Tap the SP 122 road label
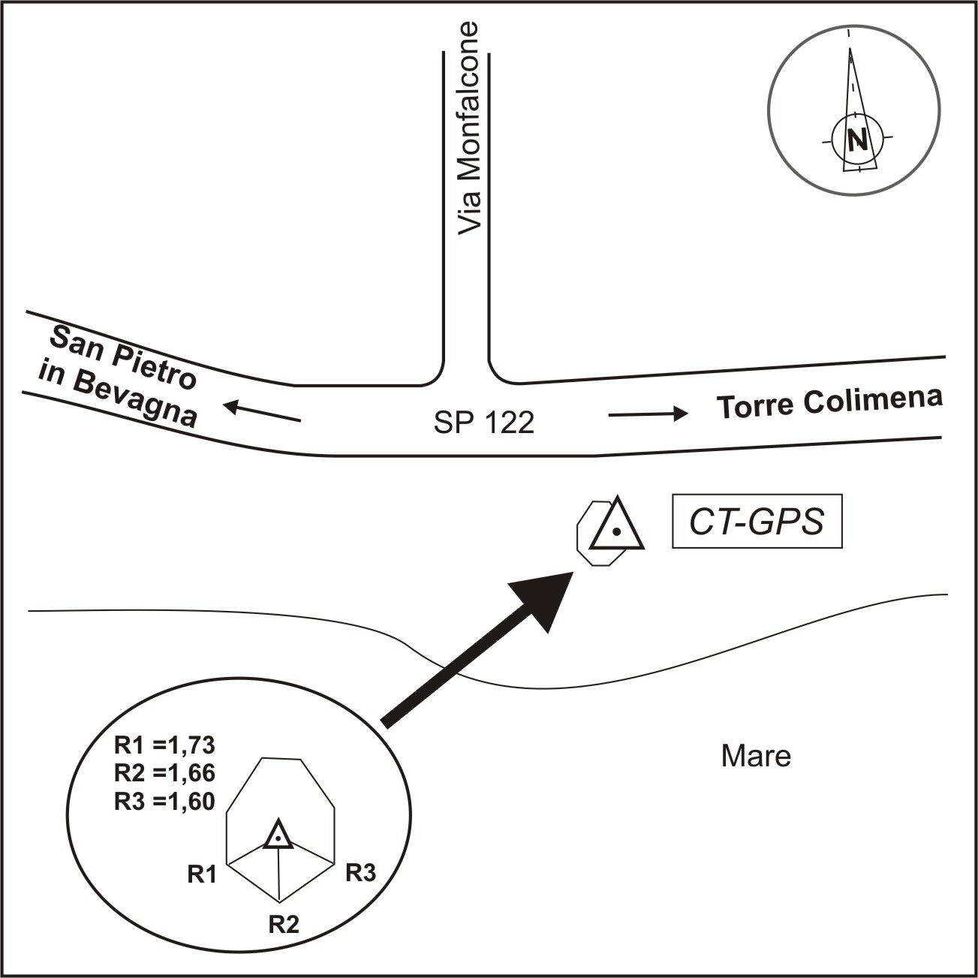click(x=484, y=423)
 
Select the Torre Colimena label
click(x=829, y=403)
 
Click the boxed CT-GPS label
click(x=757, y=522)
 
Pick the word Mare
click(x=756, y=756)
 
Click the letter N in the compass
click(x=856, y=140)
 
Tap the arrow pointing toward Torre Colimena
click(x=648, y=414)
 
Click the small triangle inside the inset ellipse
click(x=278, y=835)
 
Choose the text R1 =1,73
click(x=164, y=745)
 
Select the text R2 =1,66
click(x=164, y=773)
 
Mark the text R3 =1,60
click(x=164, y=802)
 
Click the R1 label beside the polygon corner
click(x=202, y=874)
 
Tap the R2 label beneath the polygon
click(x=284, y=924)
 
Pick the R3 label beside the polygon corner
click(x=360, y=873)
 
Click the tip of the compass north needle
click(x=850, y=50)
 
